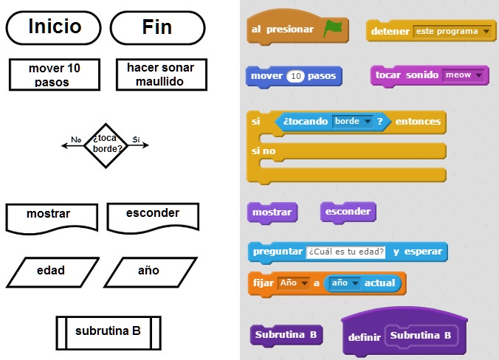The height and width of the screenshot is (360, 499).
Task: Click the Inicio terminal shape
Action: (x=54, y=27)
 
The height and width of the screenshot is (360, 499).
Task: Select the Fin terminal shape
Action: (x=157, y=27)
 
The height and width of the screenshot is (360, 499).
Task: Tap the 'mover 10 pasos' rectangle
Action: (x=54, y=75)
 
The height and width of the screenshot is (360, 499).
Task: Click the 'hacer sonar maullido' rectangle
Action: (x=161, y=75)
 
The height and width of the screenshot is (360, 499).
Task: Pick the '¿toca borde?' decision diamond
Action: (x=106, y=145)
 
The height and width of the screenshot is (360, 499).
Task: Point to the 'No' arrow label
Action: (x=76, y=139)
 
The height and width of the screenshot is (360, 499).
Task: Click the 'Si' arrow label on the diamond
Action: (x=136, y=139)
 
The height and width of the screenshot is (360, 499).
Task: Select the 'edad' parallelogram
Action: (x=52, y=271)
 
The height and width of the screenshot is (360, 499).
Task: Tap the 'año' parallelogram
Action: (x=148, y=271)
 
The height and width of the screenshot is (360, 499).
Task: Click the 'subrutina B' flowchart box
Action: (x=108, y=331)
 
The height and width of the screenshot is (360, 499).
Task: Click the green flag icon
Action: (x=333, y=29)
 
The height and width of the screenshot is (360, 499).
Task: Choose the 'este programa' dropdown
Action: (x=452, y=32)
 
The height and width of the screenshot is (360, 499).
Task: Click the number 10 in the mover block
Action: (x=295, y=76)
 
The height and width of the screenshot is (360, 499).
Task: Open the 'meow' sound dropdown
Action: (x=464, y=75)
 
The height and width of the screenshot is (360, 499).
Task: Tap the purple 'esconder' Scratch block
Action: (x=348, y=212)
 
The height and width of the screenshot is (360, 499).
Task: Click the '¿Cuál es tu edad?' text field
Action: (x=346, y=252)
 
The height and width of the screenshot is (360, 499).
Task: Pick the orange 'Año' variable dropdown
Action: (x=294, y=283)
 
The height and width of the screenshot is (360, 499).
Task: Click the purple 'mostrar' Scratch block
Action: (x=272, y=212)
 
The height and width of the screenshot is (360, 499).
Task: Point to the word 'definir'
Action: (x=364, y=337)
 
